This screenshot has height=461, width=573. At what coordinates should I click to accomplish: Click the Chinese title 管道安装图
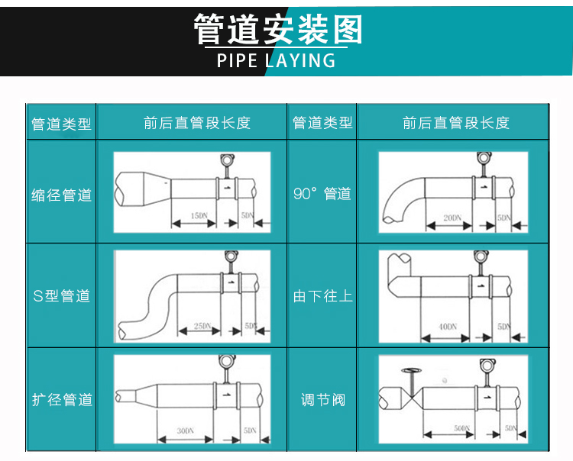click(x=277, y=31)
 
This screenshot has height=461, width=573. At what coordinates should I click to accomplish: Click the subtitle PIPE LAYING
click(x=276, y=60)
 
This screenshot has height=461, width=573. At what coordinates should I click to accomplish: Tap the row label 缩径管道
click(x=62, y=195)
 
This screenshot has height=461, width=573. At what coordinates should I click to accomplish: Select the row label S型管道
click(x=62, y=295)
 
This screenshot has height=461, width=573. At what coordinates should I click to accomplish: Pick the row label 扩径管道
click(x=62, y=399)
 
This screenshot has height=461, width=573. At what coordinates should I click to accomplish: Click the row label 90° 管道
click(x=322, y=194)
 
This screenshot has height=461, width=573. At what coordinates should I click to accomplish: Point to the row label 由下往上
click(x=322, y=295)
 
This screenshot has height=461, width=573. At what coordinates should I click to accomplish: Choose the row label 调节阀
click(x=322, y=399)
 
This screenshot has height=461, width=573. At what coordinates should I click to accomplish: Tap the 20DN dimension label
click(x=452, y=218)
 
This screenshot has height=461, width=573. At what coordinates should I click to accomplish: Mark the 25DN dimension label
click(x=202, y=326)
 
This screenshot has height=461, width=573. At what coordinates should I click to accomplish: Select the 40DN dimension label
click(x=448, y=327)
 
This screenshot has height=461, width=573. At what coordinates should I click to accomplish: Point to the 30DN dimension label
click(x=185, y=431)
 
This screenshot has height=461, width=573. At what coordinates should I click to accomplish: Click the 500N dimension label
click(x=462, y=427)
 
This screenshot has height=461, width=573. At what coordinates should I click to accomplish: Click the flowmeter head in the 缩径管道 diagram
click(x=226, y=160)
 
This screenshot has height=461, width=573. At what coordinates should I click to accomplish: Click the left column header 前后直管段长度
click(x=196, y=123)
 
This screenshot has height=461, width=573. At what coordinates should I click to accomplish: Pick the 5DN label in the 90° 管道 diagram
click(x=504, y=218)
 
